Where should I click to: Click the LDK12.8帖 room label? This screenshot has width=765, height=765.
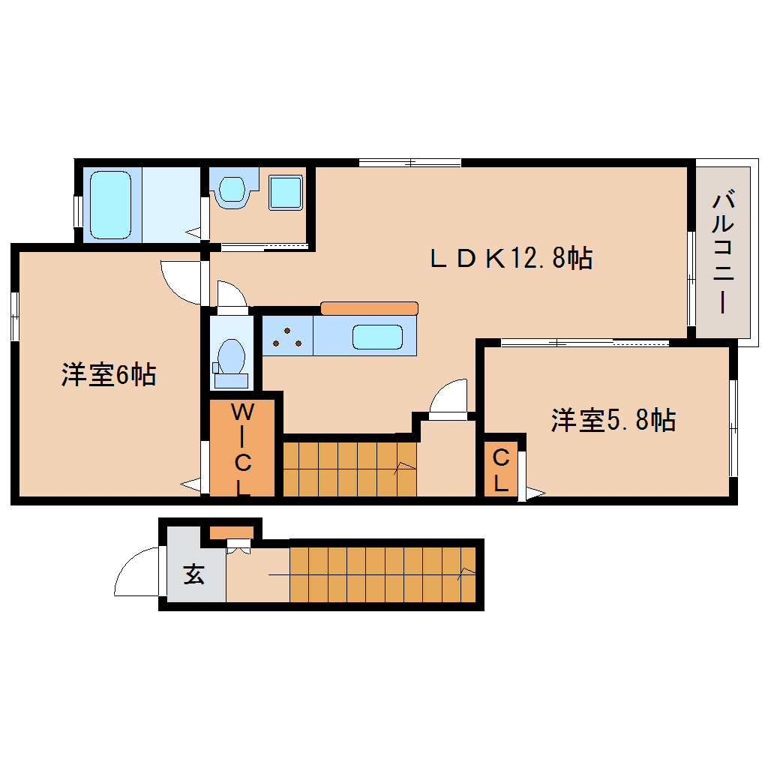tap(511, 257)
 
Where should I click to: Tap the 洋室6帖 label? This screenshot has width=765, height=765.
tap(109, 375)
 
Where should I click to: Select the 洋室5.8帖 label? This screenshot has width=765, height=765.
tap(613, 419)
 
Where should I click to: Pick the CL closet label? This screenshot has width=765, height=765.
tap(501, 469)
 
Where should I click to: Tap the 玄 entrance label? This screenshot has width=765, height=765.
tap(193, 574)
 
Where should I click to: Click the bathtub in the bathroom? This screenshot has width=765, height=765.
tap(111, 205)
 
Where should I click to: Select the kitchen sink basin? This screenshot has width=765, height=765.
tap(377, 337)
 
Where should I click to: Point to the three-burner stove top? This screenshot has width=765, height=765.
tap(287, 336)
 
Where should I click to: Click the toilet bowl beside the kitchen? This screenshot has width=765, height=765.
tap(231, 364)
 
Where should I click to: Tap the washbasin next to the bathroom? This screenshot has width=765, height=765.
tap(232, 188)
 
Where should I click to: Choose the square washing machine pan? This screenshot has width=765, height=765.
tap(286, 193)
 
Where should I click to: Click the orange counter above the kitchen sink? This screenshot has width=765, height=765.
tap(369, 308)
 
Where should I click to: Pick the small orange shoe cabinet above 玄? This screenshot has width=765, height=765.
tap(231, 532)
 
